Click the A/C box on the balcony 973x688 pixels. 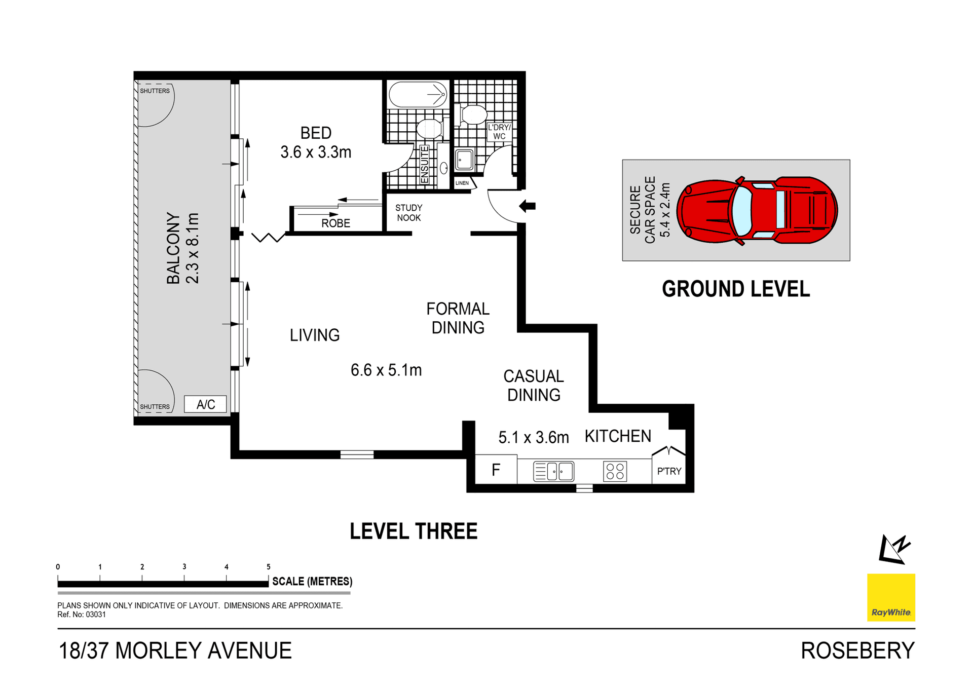(205, 404)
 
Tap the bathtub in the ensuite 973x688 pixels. (418, 94)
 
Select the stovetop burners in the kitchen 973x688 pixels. (615, 471)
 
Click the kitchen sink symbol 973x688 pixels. (553, 471)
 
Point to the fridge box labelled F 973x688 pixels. (496, 470)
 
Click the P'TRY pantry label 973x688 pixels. (669, 471)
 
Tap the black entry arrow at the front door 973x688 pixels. (528, 206)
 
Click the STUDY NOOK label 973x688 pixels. (409, 213)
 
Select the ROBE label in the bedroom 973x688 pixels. (335, 223)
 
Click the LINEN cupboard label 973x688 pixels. (462, 183)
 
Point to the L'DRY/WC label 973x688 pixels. (499, 132)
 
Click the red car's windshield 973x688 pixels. (742, 210)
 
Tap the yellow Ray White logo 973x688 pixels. (891, 597)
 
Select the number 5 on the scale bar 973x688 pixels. (269, 567)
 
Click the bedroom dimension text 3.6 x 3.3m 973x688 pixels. (316, 152)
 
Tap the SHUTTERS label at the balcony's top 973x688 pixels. (155, 91)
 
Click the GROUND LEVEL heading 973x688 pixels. (736, 289)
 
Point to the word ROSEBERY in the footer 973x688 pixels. (857, 651)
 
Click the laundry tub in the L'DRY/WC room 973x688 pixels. (464, 160)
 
